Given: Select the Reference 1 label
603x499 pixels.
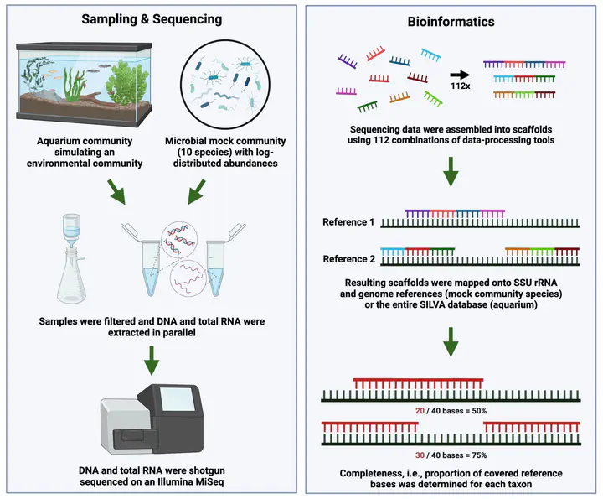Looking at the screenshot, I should (x=349, y=222).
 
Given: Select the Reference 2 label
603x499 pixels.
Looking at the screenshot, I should (x=349, y=259).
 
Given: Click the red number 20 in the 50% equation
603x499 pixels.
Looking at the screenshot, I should (x=420, y=411).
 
